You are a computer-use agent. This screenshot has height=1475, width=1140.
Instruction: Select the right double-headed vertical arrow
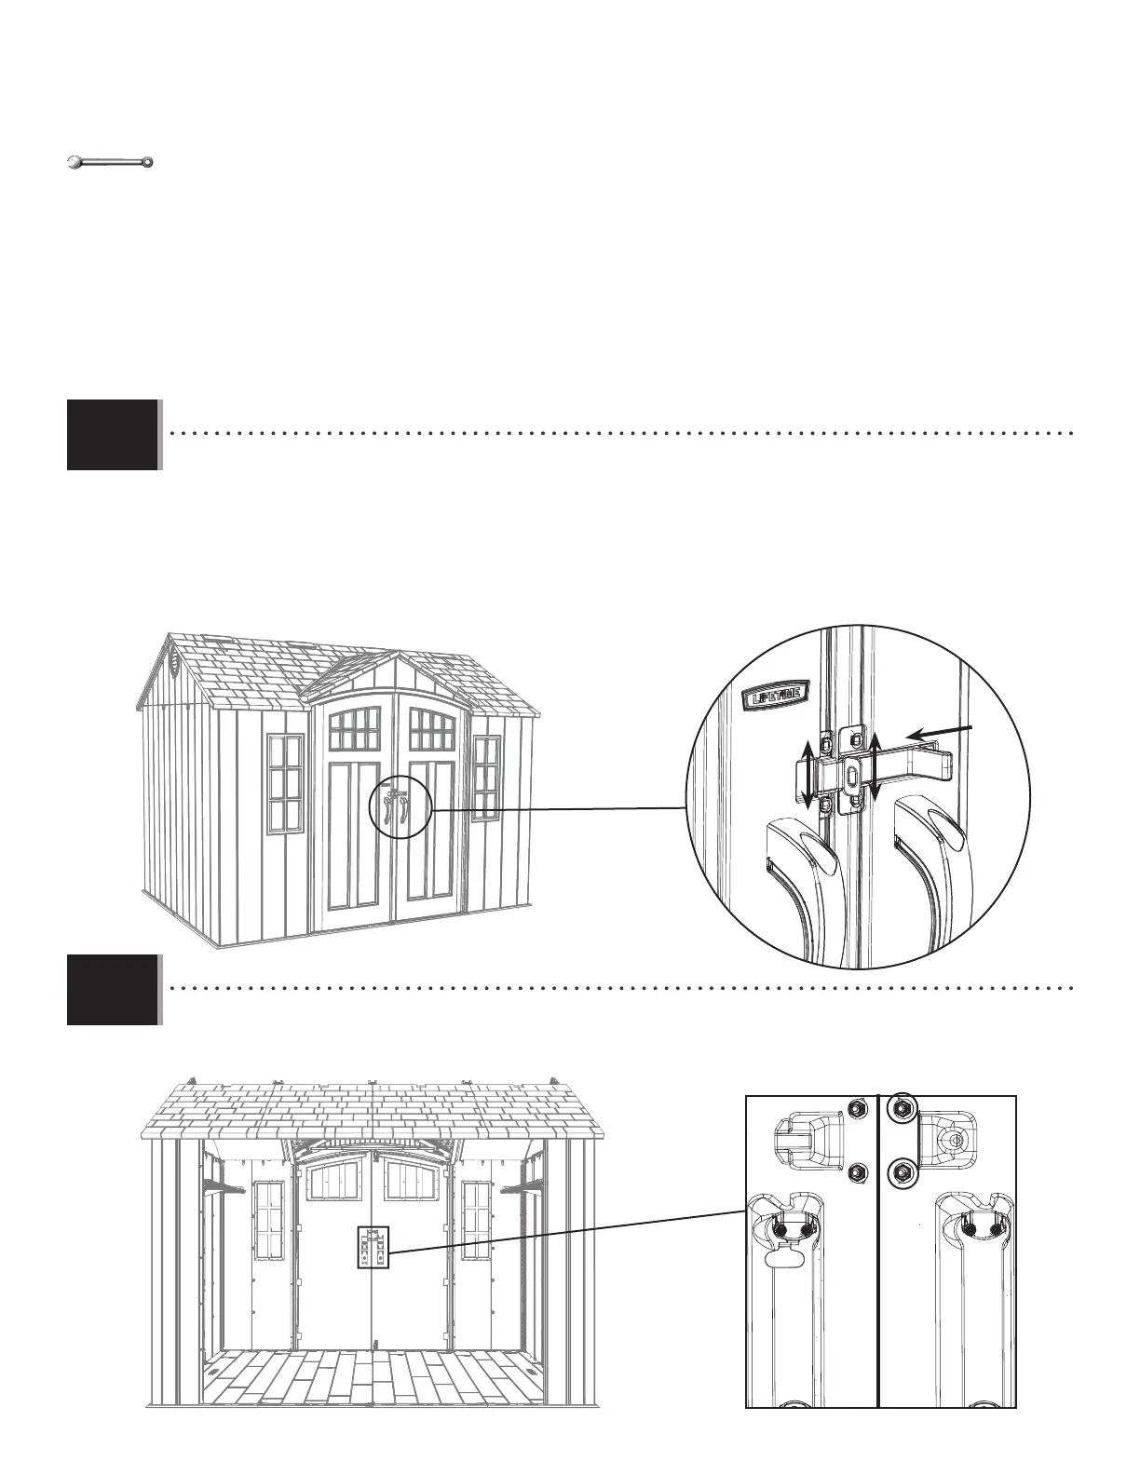[875, 765]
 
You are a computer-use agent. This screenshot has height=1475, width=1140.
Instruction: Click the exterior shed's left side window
[285, 784]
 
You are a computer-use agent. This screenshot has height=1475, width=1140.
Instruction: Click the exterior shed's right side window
[485, 778]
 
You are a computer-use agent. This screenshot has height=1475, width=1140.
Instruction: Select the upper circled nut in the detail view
[902, 1108]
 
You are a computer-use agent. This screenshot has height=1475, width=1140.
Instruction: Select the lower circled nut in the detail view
[902, 1171]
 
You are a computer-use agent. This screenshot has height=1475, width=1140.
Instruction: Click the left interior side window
[268, 1220]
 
